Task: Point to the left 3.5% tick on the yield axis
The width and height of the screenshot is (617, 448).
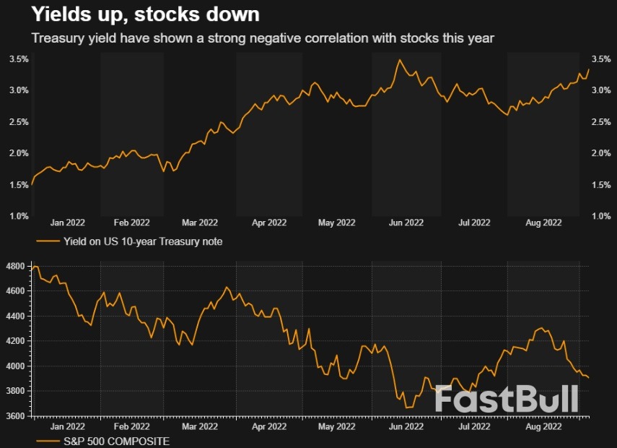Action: (19, 59)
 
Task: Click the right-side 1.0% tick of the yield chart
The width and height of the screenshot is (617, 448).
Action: (600, 216)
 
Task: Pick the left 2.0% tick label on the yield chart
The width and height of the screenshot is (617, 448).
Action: (19, 153)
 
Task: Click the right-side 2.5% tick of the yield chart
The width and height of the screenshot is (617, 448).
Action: (600, 122)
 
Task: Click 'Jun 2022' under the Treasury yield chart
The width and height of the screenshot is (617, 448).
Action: (406, 223)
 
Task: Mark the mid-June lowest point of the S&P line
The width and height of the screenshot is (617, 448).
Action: (408, 408)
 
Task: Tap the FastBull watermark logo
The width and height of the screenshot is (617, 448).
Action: (507, 399)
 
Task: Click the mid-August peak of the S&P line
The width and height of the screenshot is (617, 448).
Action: (541, 329)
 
